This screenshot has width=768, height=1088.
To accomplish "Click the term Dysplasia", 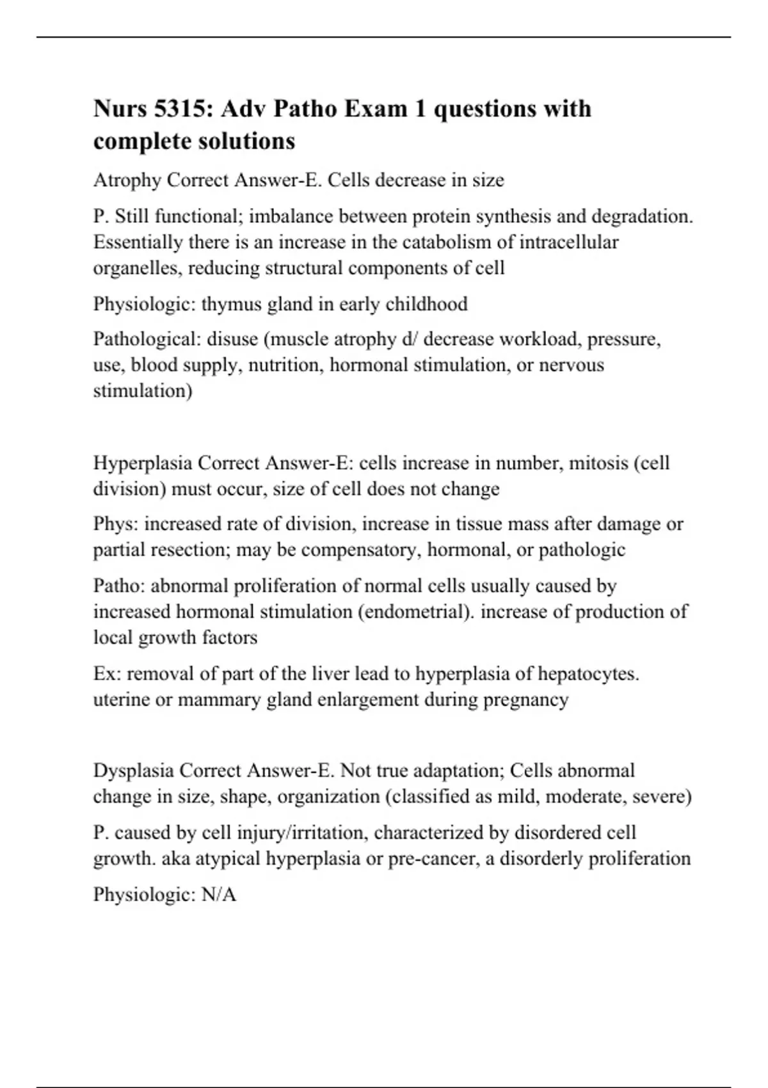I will click(134, 770).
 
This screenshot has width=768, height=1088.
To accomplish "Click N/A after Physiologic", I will click(219, 894).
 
